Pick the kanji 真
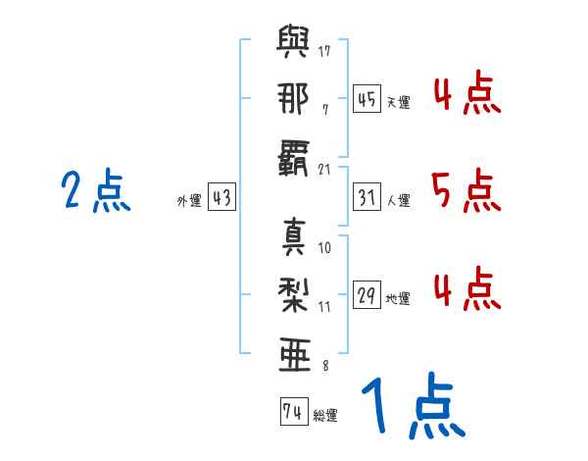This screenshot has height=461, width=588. point(293,238)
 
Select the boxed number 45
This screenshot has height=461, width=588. point(367,99)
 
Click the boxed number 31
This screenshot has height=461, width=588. point(367,197)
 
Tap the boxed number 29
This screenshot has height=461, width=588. point(367,295)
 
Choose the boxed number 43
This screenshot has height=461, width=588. point(220,197)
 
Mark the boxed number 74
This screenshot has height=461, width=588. point(292,412)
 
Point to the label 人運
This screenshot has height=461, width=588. point(397,200)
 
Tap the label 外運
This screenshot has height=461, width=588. point(188,200)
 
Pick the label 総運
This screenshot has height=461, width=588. point(324,415)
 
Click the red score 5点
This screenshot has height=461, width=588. point(465,189)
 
